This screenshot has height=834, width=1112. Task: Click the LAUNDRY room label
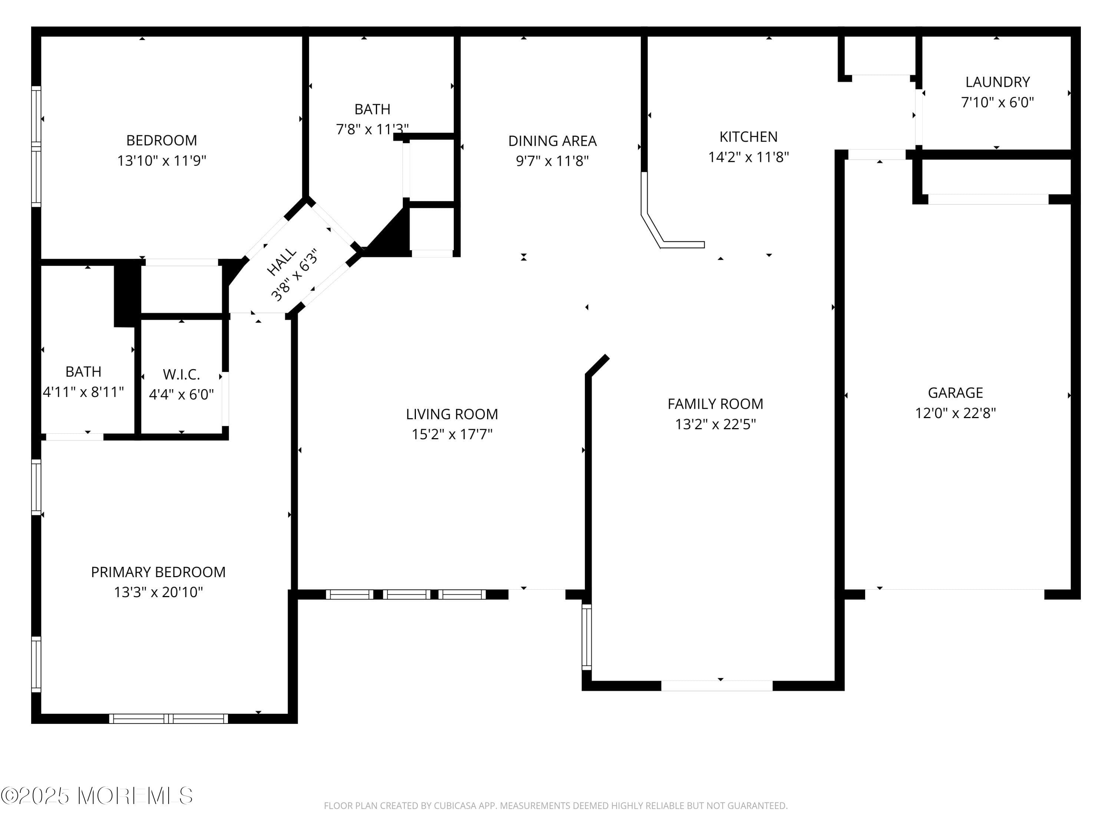(x=997, y=82)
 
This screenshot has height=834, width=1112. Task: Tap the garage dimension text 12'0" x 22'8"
(x=955, y=413)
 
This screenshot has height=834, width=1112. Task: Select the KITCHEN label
(x=748, y=137)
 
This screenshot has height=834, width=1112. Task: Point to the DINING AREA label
(x=552, y=141)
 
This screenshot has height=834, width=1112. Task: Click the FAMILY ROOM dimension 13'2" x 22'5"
(x=715, y=424)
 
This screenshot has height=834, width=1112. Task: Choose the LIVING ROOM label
(x=451, y=414)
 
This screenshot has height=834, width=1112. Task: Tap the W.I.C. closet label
(x=181, y=374)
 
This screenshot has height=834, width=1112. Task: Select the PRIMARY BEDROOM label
(x=158, y=572)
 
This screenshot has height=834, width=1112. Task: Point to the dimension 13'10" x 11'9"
(x=161, y=161)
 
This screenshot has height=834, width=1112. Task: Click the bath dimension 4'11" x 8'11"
(x=83, y=392)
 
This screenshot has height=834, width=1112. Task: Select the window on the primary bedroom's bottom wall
(x=168, y=718)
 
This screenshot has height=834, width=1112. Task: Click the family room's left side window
(x=587, y=638)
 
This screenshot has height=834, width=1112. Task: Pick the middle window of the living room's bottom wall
(x=406, y=594)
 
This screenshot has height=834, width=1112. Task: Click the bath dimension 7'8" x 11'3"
(x=372, y=130)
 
